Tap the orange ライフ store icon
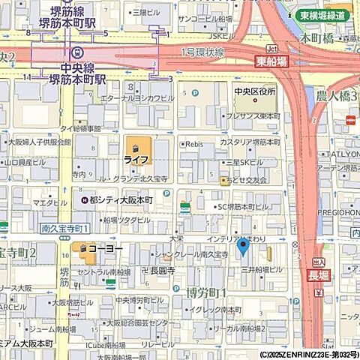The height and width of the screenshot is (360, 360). (135, 146)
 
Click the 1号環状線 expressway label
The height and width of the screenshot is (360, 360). (202, 52)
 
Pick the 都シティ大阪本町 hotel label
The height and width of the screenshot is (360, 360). (121, 201)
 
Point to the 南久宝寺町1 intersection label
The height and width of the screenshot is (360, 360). (65, 227)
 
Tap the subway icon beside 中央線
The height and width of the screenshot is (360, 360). (79, 52)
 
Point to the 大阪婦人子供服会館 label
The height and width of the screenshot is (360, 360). (39, 141)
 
